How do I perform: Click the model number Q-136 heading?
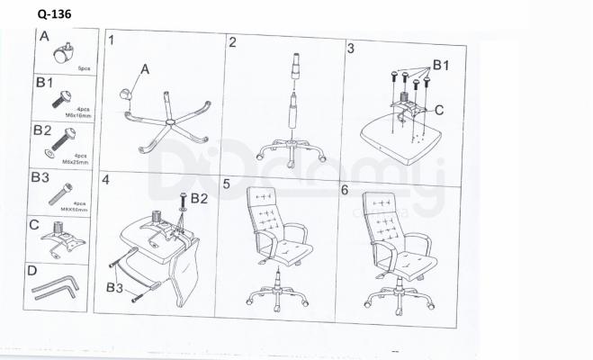(x=56, y=15)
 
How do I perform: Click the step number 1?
(x=112, y=41)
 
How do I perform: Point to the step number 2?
(x=232, y=42)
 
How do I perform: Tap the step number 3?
(x=350, y=47)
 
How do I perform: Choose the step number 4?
(x=105, y=180)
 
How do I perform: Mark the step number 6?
(x=344, y=190)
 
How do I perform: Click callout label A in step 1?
(x=144, y=67)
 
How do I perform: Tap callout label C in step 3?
(x=439, y=111)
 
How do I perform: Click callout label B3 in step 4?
(x=113, y=287)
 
